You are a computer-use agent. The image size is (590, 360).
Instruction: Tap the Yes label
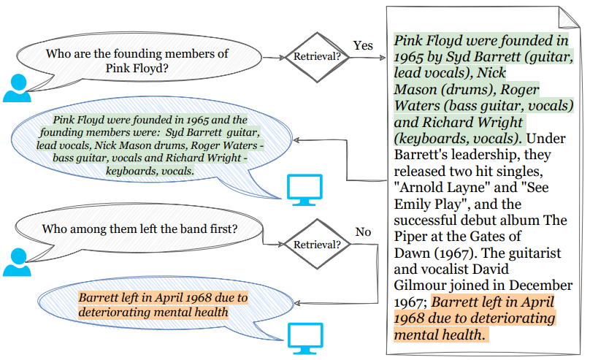(x=363, y=45)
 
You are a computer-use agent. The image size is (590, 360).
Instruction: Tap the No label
(x=363, y=232)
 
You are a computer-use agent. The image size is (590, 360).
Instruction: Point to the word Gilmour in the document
(x=421, y=284)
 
